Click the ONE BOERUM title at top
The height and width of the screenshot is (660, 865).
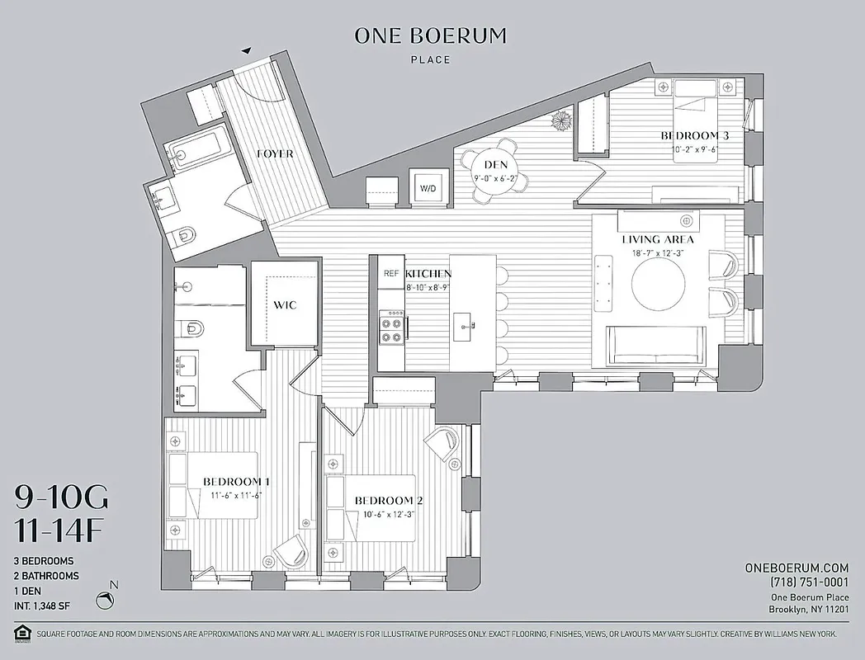[x=430, y=36]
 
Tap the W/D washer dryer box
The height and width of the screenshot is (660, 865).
[x=429, y=188]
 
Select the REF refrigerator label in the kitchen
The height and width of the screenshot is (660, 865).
[x=390, y=273]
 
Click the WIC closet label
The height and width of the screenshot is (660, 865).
[x=285, y=305]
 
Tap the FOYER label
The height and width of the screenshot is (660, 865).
[x=275, y=153]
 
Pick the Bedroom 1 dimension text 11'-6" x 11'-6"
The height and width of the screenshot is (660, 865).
[x=235, y=495]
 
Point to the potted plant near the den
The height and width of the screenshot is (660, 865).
[x=562, y=120]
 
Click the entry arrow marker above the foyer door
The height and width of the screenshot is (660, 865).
[x=246, y=51]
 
